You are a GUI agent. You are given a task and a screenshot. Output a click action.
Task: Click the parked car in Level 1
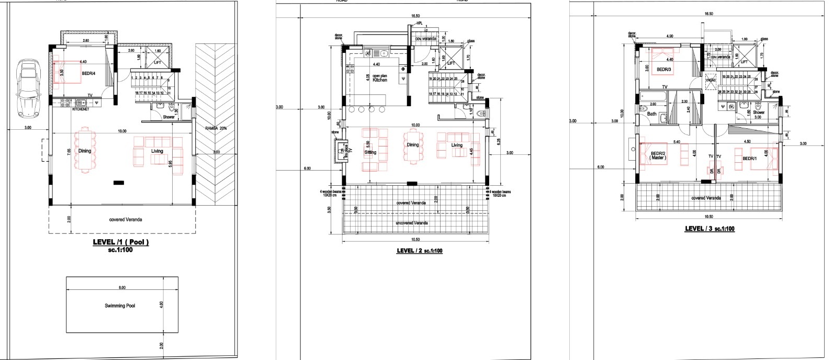(x=27, y=87)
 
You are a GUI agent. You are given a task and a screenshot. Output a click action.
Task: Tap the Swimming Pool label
(x=120, y=306)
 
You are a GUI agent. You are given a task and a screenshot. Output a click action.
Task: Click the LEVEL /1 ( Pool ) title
(x=121, y=242)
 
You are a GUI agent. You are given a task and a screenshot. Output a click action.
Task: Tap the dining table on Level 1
(x=84, y=151)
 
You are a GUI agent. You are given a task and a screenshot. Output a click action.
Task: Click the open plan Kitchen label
(x=380, y=78)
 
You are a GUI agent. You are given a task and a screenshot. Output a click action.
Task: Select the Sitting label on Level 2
(x=370, y=152)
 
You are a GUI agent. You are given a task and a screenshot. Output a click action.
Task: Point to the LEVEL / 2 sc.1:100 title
(x=420, y=251)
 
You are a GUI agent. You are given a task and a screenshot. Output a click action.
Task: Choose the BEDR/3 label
(x=663, y=69)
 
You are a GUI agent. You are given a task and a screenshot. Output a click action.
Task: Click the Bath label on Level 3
(x=652, y=114)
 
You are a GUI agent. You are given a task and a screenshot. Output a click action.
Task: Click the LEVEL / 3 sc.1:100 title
(x=710, y=229)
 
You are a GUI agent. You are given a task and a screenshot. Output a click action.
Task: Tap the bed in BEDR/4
(x=67, y=72)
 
